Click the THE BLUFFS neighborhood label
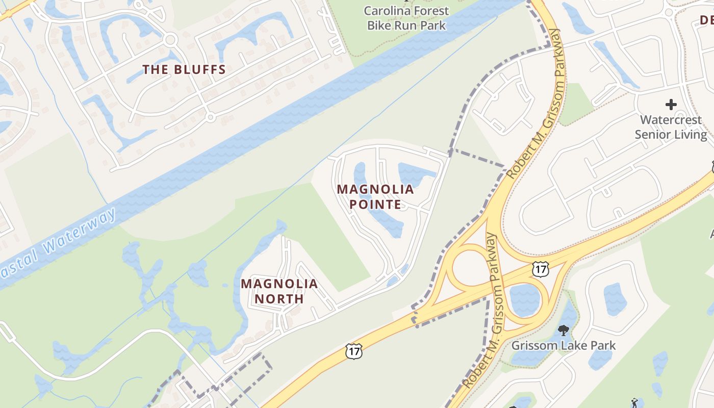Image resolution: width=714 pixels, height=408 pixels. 184,70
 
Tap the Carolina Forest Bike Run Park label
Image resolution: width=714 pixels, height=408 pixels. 406,18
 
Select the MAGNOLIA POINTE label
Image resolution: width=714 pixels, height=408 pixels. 375,197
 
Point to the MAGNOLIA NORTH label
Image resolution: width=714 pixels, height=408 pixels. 279,291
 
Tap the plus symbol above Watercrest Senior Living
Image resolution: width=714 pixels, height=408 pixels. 671,105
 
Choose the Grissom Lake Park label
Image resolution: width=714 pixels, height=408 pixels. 563,345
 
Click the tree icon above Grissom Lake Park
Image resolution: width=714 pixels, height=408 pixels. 563,330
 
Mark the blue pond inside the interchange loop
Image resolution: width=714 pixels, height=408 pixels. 524,299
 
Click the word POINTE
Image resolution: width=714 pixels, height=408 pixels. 375,205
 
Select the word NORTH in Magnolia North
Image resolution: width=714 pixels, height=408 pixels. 279,299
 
